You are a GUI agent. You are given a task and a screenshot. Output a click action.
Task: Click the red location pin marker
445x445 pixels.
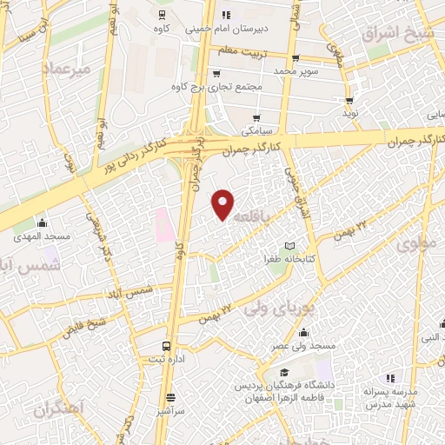pos(223,204)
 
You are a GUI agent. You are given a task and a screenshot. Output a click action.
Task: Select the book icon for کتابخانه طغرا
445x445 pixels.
pos(290,246)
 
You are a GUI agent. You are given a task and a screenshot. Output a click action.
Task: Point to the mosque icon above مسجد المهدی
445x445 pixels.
pos(41,222)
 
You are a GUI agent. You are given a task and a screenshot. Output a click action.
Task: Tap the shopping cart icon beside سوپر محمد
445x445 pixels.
pos(296,58)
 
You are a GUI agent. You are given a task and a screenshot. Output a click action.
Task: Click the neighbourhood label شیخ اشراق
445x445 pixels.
pos(395,34)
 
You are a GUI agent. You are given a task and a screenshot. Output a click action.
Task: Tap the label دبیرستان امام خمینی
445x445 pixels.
pos(229,28)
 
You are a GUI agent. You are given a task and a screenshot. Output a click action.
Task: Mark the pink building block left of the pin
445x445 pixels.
pos(163,225)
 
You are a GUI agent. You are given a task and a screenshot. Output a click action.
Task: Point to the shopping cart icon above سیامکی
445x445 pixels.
pos(256,117)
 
